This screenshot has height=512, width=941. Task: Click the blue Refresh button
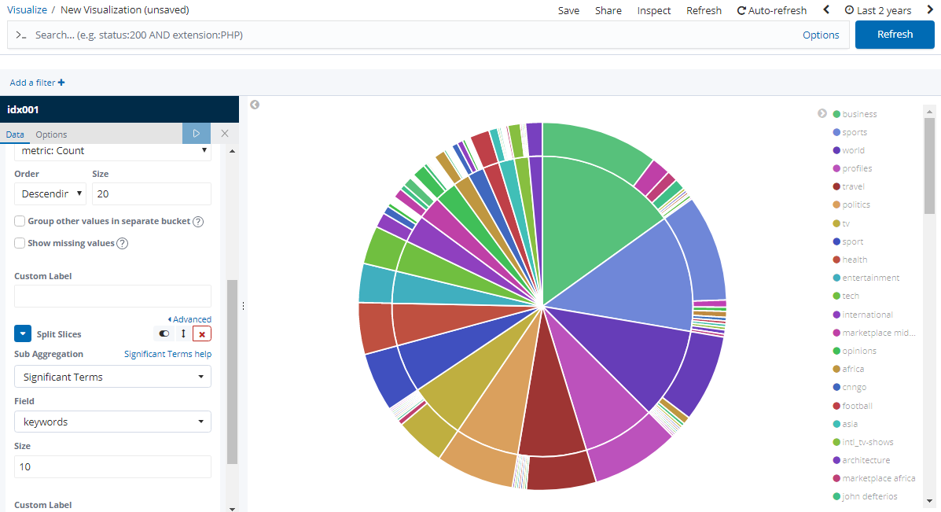pos(895,35)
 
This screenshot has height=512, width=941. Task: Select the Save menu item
pos(568,10)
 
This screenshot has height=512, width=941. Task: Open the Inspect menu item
pos(654,10)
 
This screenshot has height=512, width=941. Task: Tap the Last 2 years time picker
pos(877,10)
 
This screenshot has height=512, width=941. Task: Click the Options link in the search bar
pos(821,35)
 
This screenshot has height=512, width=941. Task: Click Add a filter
pos(37,83)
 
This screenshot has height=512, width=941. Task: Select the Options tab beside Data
pos(51,134)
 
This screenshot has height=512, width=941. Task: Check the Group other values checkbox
pos(20,221)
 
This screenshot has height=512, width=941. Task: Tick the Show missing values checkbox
pos(20,243)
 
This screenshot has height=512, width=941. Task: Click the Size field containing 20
pos(151,194)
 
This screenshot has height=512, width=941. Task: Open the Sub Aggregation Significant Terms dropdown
pos(112,377)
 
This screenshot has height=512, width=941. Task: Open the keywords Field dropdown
pos(112,422)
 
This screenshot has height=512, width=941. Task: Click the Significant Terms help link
pos(167,354)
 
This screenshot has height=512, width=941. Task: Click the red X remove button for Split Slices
pos(202,334)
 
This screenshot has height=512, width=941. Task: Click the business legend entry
pos(859,114)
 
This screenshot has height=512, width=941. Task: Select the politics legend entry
pos(856,204)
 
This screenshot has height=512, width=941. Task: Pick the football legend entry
pos(857,406)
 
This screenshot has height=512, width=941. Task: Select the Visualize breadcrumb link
pos(27,10)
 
